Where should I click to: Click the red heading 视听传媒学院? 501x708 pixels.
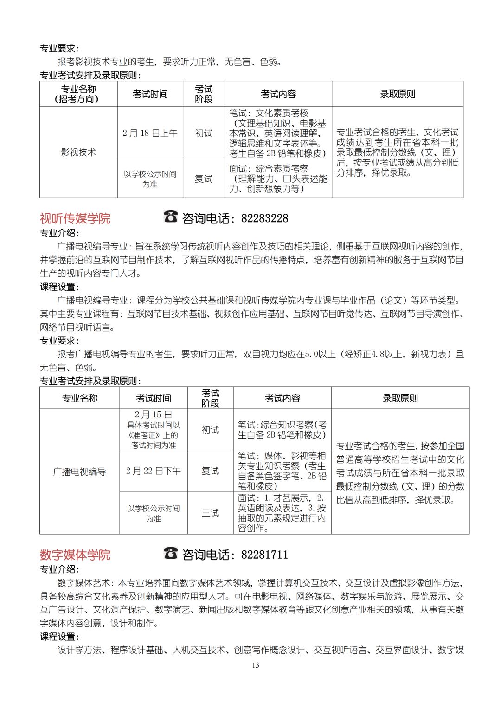[75, 218]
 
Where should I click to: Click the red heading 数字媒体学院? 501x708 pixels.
[75, 555]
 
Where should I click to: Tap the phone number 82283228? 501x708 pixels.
[264, 218]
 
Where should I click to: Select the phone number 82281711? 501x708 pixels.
[264, 555]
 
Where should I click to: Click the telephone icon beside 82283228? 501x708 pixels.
[171, 217]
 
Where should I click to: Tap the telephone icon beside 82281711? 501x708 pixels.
[171, 553]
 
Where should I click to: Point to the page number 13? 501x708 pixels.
[256, 665]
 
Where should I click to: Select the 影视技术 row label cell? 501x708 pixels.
[78, 152]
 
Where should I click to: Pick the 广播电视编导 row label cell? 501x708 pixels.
[79, 472]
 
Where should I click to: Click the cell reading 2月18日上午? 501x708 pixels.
[150, 133]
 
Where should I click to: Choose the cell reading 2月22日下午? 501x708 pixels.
[153, 471]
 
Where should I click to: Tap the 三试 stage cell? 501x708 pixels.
[210, 513]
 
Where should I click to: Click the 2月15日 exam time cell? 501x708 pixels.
[153, 429]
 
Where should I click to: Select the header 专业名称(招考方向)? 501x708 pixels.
[78, 94]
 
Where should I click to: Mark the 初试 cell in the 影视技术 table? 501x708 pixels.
[204, 133]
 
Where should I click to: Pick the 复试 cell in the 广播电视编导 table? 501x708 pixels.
[210, 471]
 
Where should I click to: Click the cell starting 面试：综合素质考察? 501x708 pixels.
[278, 179]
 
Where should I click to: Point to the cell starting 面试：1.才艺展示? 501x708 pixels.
[282, 513]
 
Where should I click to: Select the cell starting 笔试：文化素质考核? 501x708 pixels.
[278, 133]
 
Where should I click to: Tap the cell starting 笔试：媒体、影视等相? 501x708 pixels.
[282, 471]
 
